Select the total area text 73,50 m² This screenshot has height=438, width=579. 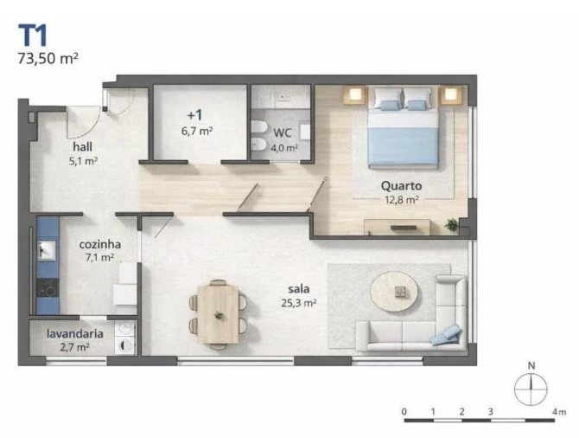point(48,59)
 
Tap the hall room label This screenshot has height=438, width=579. point(83,146)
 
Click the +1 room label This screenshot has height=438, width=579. point(194,115)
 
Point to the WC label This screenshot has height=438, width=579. point(283,133)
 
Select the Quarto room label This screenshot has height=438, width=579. point(401,185)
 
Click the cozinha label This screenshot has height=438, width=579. point(100,244)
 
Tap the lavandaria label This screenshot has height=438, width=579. point(76,332)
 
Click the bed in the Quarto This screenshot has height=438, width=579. point(403,132)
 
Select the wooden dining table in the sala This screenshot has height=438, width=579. point(217,312)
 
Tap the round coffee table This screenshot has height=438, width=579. point(401,293)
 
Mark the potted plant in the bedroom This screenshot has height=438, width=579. point(451,224)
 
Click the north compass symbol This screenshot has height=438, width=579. point(531,387)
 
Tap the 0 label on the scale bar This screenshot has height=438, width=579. point(404,411)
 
